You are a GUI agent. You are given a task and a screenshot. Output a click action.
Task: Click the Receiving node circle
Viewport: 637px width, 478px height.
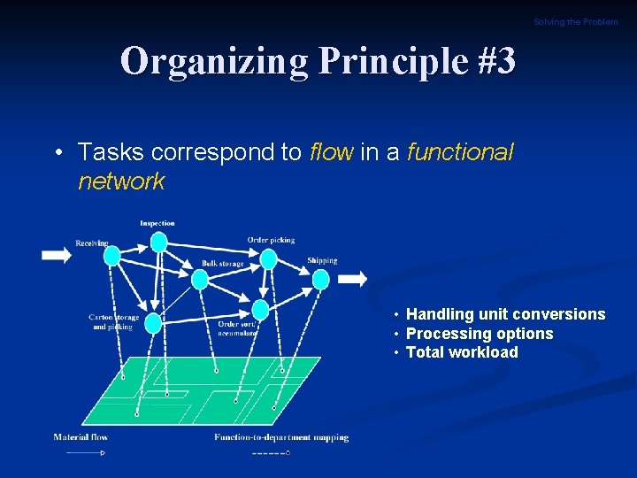[x=112, y=256]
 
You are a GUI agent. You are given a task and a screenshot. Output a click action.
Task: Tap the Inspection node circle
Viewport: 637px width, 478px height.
[x=158, y=242]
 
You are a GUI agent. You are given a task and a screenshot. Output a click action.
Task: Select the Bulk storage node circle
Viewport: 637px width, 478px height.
[x=200, y=280]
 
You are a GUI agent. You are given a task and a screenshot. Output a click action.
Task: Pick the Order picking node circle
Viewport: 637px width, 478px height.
[x=268, y=258]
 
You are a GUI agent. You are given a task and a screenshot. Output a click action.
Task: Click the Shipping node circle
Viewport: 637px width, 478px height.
[x=320, y=280]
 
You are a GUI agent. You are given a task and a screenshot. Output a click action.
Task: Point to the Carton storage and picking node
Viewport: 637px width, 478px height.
[x=153, y=323]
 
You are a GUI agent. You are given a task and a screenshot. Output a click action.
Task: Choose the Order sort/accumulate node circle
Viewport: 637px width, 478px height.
[x=260, y=310]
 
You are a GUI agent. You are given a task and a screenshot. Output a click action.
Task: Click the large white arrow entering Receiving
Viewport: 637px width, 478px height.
[x=56, y=255]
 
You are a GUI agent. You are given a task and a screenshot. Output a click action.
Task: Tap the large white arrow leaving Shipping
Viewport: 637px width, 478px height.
[x=353, y=279]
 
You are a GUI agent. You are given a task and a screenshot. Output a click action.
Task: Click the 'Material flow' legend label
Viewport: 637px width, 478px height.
[x=81, y=437]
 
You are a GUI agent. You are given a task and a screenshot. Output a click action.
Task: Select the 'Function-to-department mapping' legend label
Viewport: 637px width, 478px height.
[x=281, y=437]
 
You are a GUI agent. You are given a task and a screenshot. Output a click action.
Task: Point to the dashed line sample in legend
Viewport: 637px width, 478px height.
[x=270, y=453]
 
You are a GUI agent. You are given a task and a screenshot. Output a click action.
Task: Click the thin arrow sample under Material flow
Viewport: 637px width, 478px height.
[x=85, y=453]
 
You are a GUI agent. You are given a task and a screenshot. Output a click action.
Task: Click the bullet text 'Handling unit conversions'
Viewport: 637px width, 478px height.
[x=505, y=314]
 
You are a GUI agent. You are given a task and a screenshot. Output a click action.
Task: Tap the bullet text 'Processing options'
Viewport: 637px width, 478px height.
[x=479, y=334]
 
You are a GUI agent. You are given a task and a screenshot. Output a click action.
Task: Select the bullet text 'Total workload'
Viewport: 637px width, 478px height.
[x=461, y=352]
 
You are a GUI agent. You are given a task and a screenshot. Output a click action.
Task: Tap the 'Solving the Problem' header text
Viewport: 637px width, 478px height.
[x=575, y=21]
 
